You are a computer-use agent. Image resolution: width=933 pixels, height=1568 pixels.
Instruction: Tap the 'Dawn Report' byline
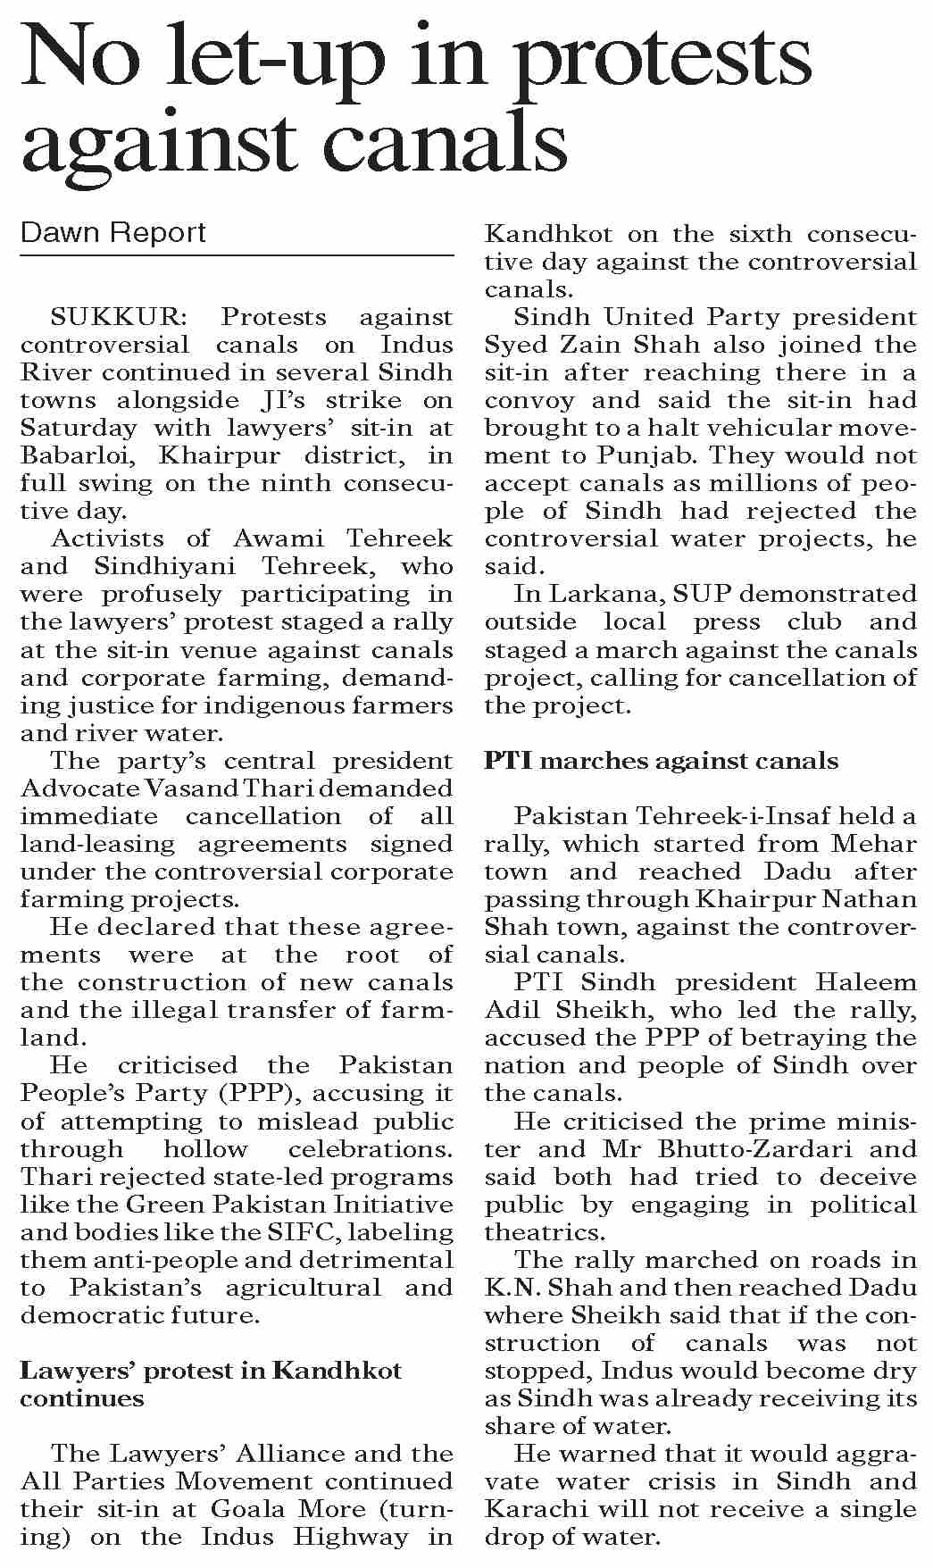[x=113, y=233]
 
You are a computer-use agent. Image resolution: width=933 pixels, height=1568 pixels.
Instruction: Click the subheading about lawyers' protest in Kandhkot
[x=211, y=1384]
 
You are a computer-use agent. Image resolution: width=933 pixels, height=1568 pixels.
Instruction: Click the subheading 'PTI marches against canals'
[x=662, y=761]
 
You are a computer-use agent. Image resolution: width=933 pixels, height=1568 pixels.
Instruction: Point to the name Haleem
[x=859, y=982]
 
